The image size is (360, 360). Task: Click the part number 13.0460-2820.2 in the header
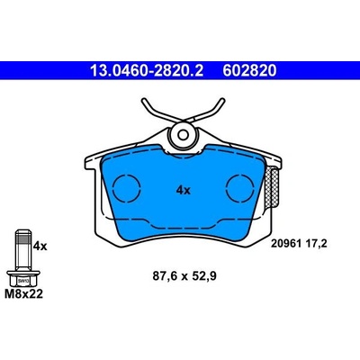point(147,71)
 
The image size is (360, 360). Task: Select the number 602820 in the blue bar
point(249,71)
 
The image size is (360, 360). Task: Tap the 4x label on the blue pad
point(184,190)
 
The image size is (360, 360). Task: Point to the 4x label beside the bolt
point(40,247)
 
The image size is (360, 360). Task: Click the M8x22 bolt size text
point(23,294)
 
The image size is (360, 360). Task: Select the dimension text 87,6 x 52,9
point(184,276)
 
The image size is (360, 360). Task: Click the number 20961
point(286,244)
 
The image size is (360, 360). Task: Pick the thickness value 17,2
point(316,244)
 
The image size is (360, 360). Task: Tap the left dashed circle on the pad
point(127,188)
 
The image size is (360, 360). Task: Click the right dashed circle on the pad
point(240,188)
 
